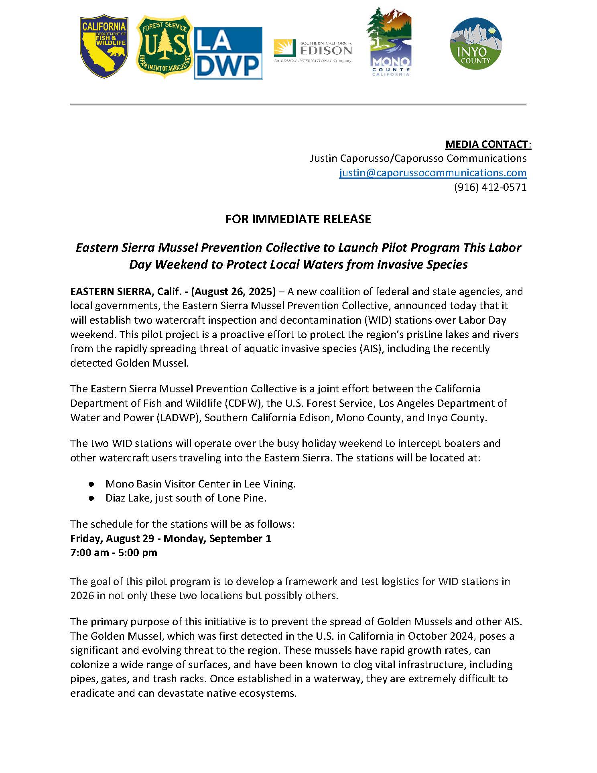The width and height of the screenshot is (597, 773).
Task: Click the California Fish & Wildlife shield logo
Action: coord(104,47)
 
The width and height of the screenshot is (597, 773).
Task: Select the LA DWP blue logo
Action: coord(228,53)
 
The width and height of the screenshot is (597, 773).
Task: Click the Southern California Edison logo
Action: coord(313,51)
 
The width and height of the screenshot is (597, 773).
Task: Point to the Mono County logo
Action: coord(389,42)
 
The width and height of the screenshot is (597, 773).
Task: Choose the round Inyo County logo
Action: coord(476,43)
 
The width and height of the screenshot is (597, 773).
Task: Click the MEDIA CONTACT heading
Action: coord(488,144)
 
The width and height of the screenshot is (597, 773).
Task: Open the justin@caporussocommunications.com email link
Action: coord(433,173)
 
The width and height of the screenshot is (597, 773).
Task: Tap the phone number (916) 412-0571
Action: coord(490,187)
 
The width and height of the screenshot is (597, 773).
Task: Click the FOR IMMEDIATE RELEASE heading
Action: coord(298,219)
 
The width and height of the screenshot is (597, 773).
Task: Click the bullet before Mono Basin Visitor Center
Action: coord(92,484)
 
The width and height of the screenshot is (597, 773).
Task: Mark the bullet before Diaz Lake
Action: coord(92,498)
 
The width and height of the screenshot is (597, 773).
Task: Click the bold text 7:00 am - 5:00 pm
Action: coord(114,553)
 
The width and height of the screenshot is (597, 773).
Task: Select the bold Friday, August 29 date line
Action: coord(171,538)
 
